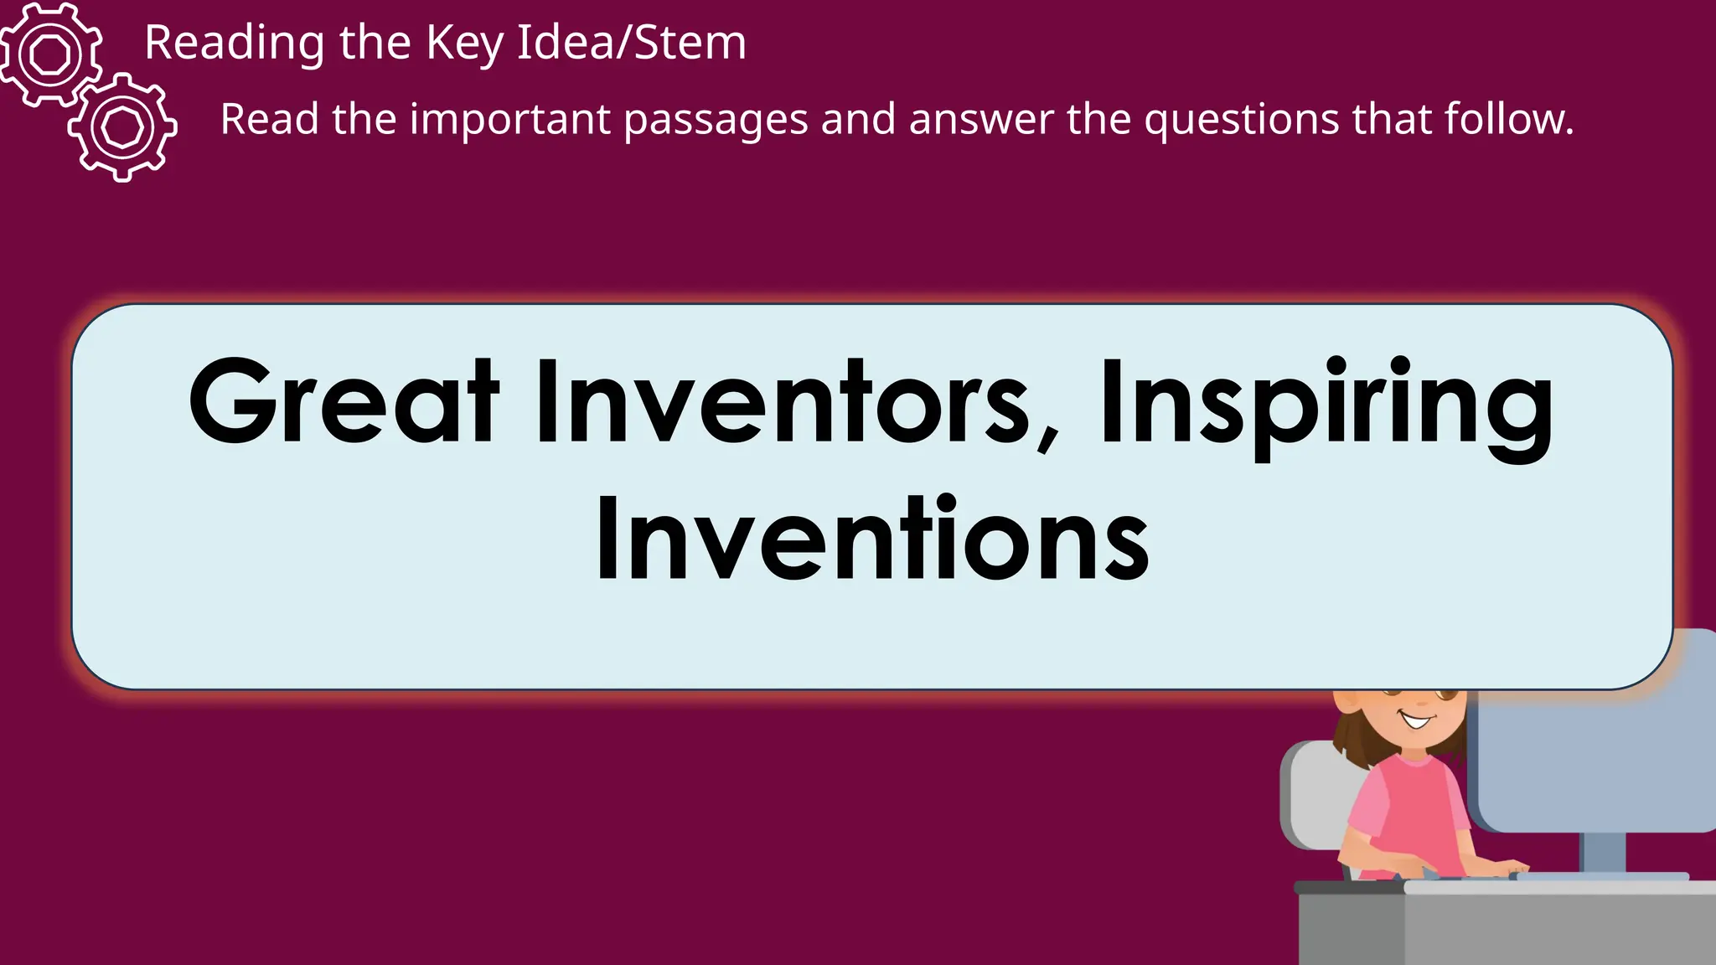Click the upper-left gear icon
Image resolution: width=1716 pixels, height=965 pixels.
pyautogui.click(x=51, y=54)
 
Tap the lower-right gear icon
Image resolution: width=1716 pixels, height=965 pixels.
pyautogui.click(x=123, y=127)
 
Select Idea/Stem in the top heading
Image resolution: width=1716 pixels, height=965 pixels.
pyautogui.click(x=631, y=43)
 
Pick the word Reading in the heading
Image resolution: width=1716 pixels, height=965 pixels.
pyautogui.click(x=235, y=43)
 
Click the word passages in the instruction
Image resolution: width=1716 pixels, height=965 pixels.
pyautogui.click(x=716, y=120)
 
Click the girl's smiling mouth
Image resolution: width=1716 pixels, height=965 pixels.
pyautogui.click(x=1417, y=720)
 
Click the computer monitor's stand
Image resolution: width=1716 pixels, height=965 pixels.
pyautogui.click(x=1602, y=853)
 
